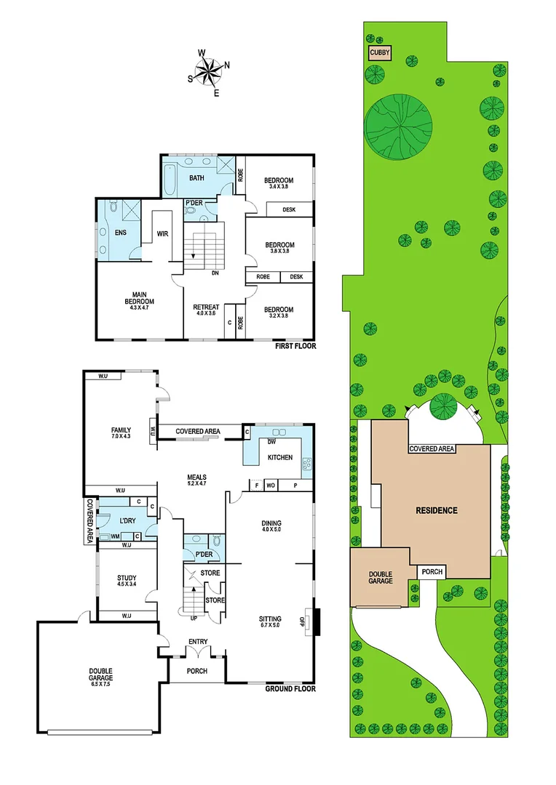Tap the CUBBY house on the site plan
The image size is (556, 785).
(380, 53)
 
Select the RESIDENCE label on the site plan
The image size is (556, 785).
(437, 510)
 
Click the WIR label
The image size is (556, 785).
(162, 234)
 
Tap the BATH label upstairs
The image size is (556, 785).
(196, 178)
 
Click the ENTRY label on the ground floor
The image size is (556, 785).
(197, 641)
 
